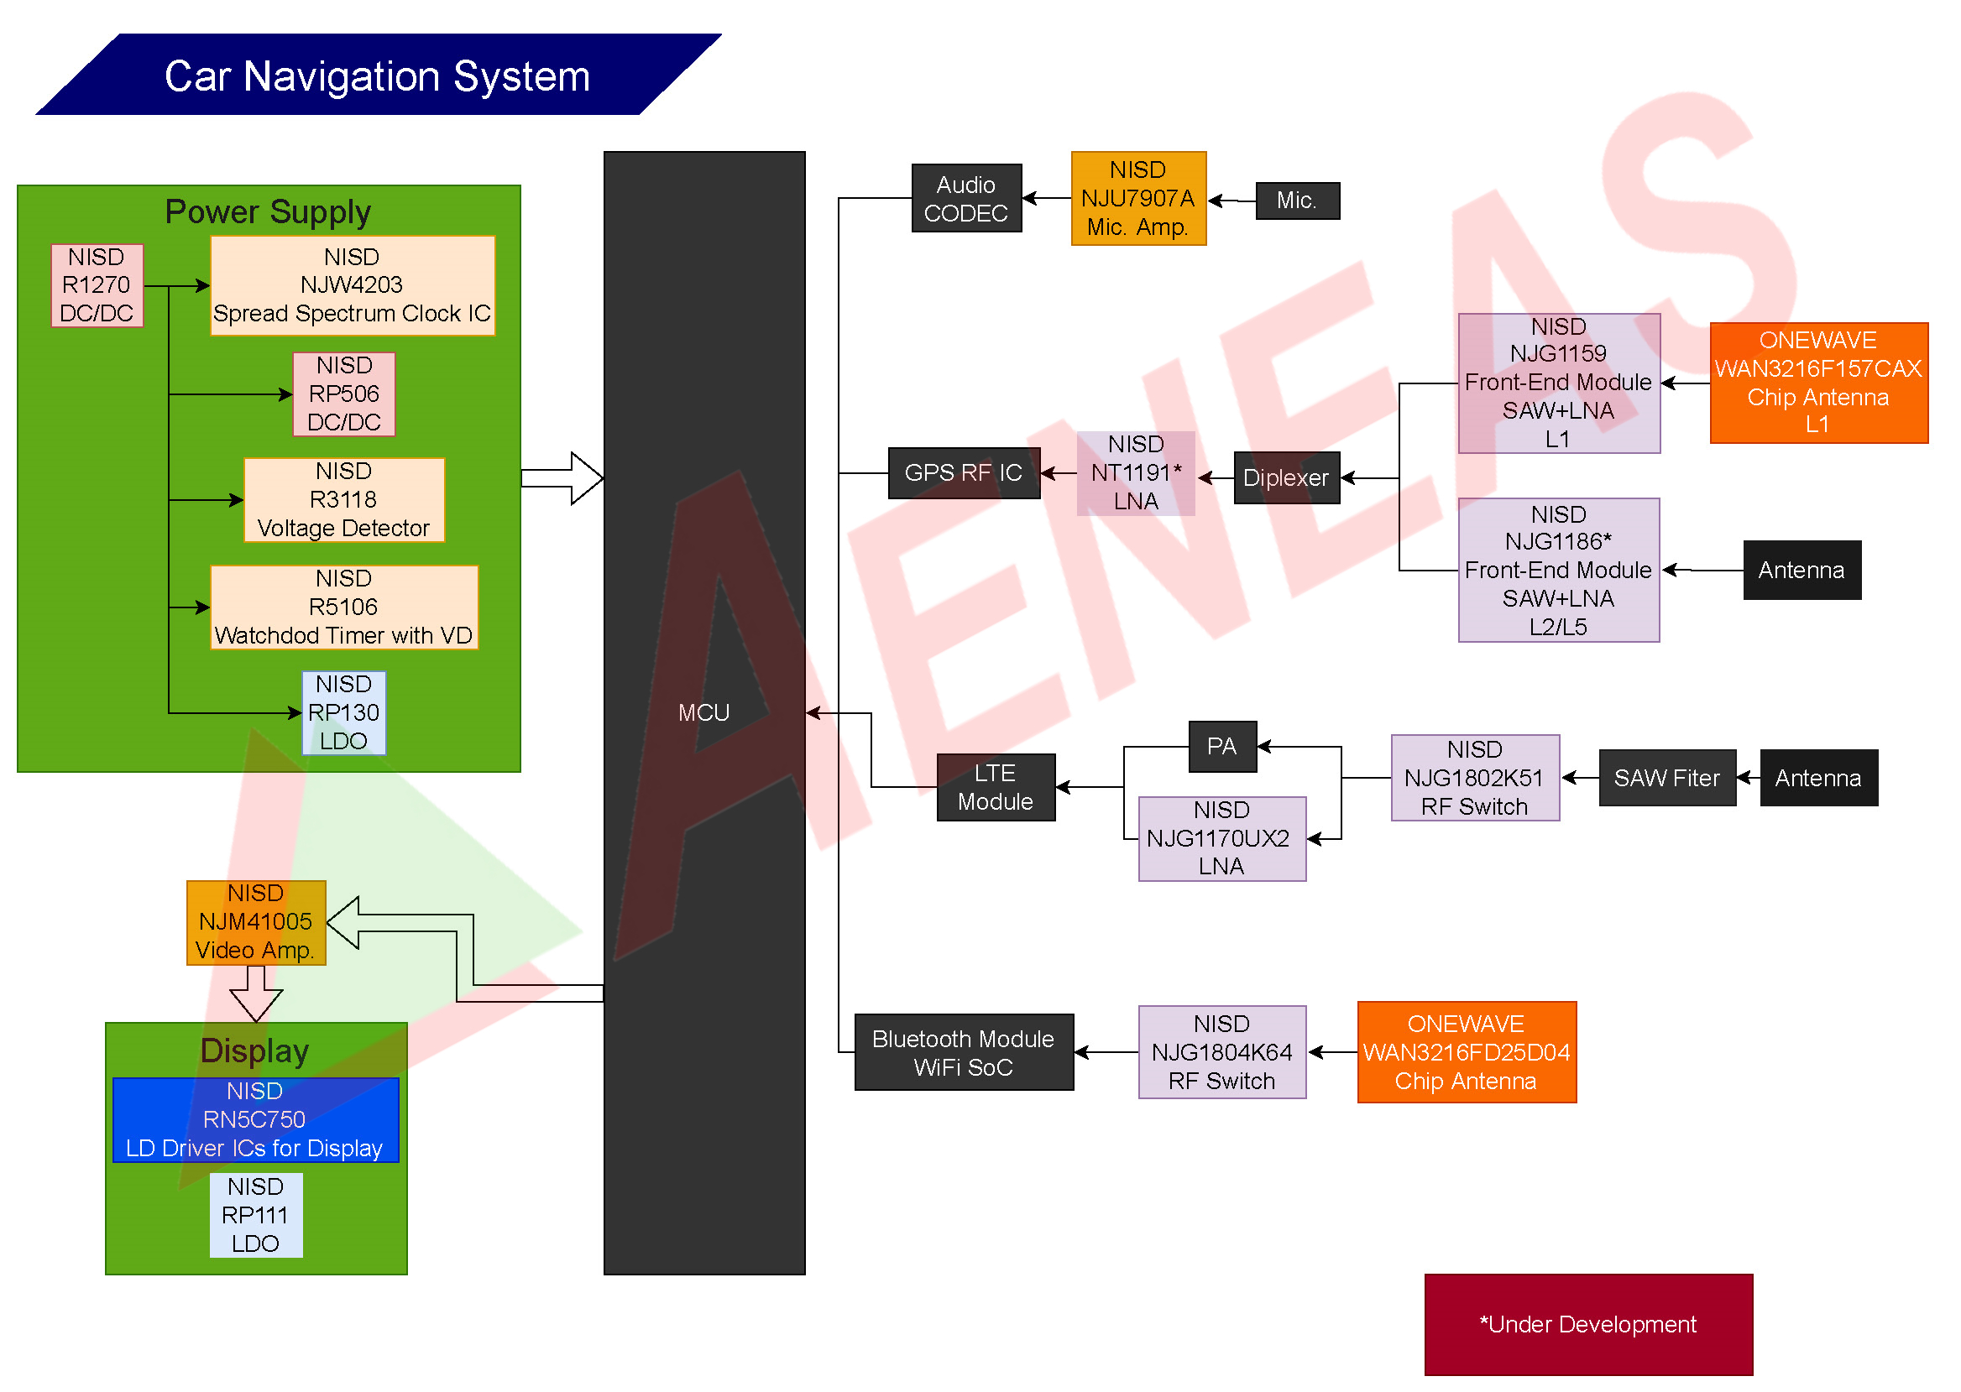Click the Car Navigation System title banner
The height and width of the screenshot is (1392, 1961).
coord(377,75)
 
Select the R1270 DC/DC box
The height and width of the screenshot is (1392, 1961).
coord(97,285)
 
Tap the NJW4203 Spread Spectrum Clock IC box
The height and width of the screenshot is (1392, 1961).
coord(353,285)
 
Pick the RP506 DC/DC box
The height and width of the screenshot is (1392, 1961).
coord(344,394)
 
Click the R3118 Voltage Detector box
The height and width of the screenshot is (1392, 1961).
coord(344,500)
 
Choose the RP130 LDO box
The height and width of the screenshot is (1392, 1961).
coord(344,712)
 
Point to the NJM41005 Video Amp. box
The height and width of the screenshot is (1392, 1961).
coord(255,922)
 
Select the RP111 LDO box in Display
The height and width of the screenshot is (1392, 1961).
coord(255,1215)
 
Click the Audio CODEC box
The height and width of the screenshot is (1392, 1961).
coord(966,198)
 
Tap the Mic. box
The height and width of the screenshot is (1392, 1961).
coord(1296,201)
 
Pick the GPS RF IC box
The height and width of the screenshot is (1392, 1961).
coord(964,472)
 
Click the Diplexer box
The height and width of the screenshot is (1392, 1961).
coord(1286,477)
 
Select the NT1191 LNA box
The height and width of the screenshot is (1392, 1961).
coord(1136,472)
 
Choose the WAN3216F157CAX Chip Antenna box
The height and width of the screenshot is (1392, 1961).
coord(1817,383)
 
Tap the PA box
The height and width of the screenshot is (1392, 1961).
coord(1222,746)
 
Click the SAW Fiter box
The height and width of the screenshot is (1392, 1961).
coord(1667,778)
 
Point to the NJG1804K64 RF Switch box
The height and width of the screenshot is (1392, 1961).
coord(1222,1051)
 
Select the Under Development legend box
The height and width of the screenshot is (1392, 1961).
coord(1588,1323)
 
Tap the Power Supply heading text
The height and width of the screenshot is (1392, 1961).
coord(269,211)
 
